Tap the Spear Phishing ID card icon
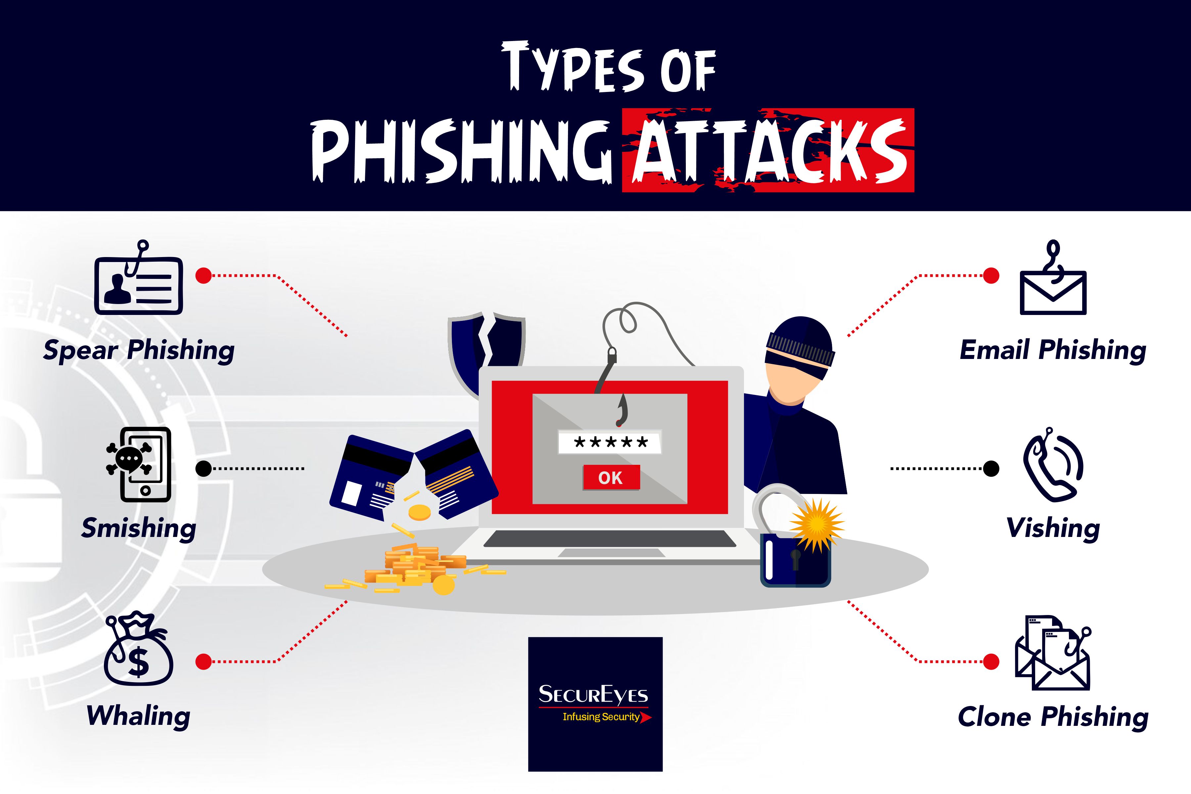(x=138, y=284)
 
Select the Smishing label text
(x=139, y=528)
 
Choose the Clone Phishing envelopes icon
(x=1053, y=653)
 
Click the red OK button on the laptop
(x=611, y=477)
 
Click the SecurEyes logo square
(x=595, y=704)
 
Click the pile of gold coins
(x=415, y=567)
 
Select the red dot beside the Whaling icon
(x=203, y=661)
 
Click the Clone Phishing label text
(x=1053, y=717)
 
